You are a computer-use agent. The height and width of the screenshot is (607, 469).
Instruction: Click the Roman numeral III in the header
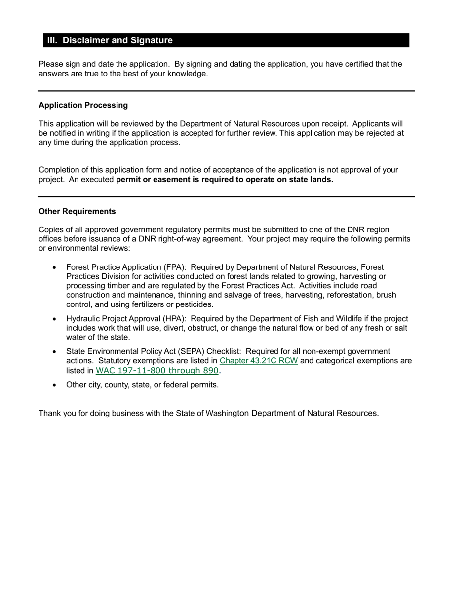[x=52, y=40]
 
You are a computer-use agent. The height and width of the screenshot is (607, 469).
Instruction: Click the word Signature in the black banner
[x=151, y=40]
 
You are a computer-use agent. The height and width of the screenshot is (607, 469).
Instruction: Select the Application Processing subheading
[x=83, y=105]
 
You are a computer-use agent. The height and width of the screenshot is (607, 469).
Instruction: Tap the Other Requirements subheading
[x=77, y=211]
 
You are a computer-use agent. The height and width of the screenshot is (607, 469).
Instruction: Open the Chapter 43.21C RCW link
[x=259, y=361]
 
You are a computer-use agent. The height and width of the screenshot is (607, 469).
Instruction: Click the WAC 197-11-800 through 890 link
[x=157, y=370]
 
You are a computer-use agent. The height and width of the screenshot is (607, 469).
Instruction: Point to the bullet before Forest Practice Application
[x=54, y=268]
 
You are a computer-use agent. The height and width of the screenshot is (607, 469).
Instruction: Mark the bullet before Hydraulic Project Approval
[x=54, y=319]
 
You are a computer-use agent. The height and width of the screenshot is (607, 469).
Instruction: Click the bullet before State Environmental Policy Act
[x=54, y=352]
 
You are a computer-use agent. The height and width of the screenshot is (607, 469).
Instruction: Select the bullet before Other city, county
[x=54, y=385]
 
